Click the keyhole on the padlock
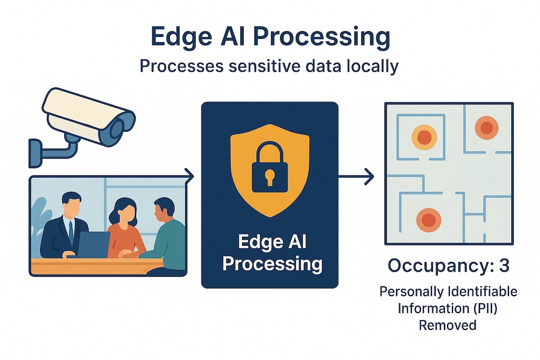[x=269, y=177]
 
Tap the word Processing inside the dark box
[x=272, y=264]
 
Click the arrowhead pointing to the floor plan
[x=369, y=177]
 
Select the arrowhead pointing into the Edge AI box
[x=189, y=177]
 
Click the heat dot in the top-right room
[x=486, y=128]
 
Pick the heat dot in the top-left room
[x=425, y=138]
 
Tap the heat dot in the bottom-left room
[x=428, y=220]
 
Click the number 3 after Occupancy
[x=504, y=266]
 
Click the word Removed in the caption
[x=447, y=325]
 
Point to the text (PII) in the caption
[x=485, y=308]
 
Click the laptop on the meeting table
[x=93, y=245]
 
